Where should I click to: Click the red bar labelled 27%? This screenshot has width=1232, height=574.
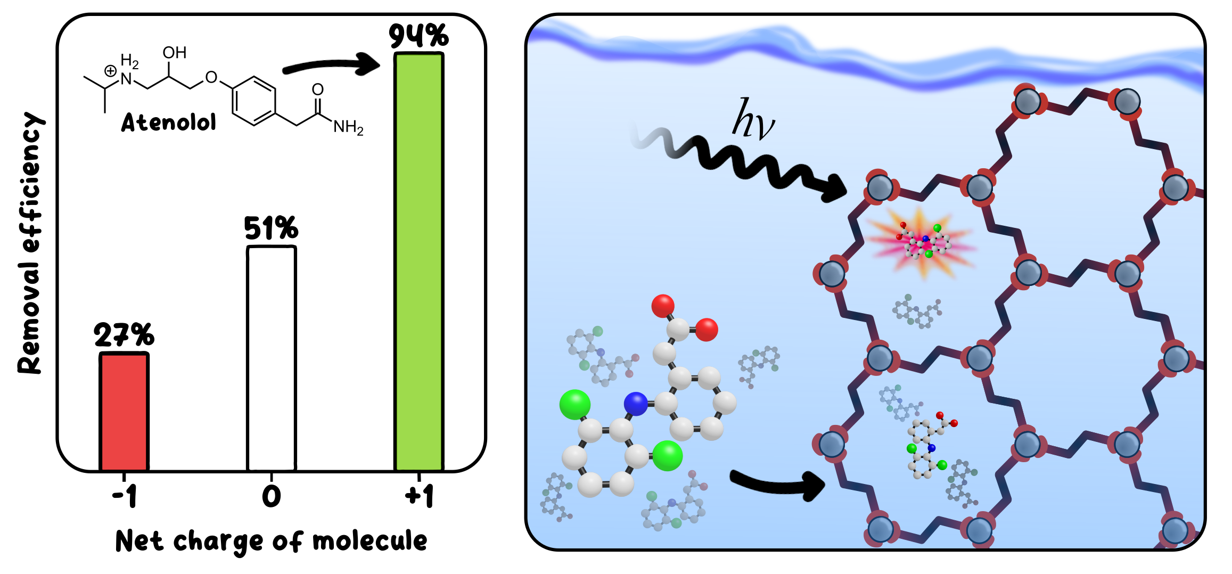coord(124,412)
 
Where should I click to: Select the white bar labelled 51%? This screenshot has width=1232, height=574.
coord(272,358)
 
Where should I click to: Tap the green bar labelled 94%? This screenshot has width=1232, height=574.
coord(419,261)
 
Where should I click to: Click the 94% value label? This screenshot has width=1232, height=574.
coord(418,36)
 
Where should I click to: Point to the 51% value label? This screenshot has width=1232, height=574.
coord(271,228)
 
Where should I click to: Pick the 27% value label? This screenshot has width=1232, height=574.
coord(124,335)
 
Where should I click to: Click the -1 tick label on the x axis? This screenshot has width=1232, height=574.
coord(125,497)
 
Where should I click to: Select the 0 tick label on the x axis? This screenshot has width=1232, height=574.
coord(272,497)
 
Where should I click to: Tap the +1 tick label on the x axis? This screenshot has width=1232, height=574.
coord(420,497)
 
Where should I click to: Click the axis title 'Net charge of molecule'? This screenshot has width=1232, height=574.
coord(272,542)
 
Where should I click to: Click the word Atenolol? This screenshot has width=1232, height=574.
coord(169,122)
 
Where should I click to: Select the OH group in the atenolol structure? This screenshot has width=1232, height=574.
coord(175,53)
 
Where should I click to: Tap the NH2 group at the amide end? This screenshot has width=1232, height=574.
coord(348,127)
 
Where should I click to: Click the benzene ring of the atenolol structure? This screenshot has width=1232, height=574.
coord(254,101)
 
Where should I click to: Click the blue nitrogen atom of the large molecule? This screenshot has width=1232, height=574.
coord(636,404)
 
